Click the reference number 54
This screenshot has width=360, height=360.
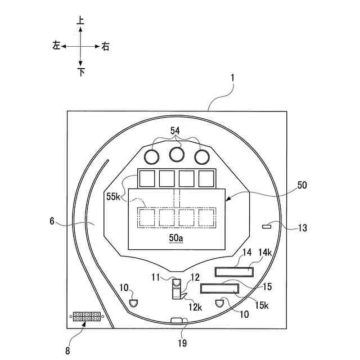176,130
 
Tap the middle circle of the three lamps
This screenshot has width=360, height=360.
177,154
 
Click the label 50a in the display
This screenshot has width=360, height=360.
176,238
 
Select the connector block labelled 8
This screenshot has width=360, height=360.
86,317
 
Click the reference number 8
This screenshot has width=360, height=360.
68,351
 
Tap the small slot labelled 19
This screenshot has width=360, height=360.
178,321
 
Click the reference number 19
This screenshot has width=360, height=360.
182,343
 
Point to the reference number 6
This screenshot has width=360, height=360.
52,223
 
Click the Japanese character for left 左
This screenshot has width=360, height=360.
56,46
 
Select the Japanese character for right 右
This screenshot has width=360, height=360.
106,46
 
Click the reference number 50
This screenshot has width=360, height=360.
303,185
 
